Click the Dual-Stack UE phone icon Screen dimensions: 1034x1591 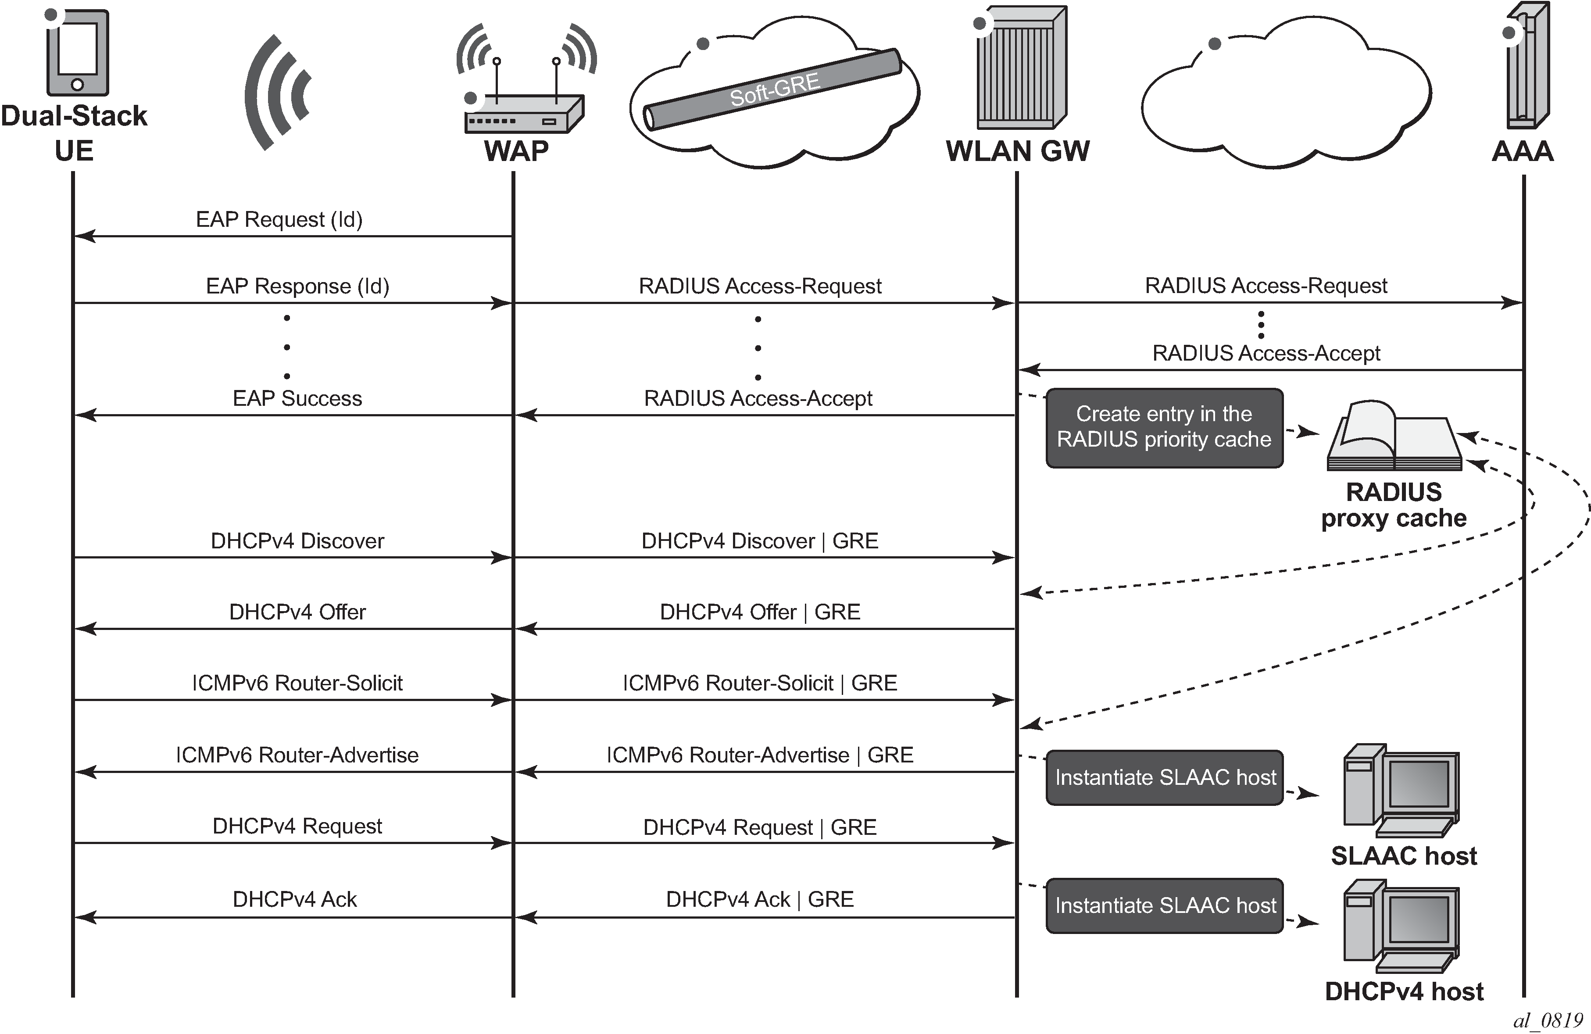(77, 52)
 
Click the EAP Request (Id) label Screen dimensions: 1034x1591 (279, 219)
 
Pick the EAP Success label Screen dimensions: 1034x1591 (297, 398)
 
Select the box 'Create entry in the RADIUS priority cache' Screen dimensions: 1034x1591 (1164, 427)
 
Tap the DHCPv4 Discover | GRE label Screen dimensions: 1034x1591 (759, 541)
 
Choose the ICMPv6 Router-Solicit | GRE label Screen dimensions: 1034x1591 (759, 683)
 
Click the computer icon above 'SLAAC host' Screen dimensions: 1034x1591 (1401, 791)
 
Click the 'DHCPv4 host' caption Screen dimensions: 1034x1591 (1404, 991)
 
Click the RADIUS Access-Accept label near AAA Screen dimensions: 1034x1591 (1266, 353)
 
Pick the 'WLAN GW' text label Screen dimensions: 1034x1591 (1017, 151)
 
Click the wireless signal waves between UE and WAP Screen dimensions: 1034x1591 (277, 92)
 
